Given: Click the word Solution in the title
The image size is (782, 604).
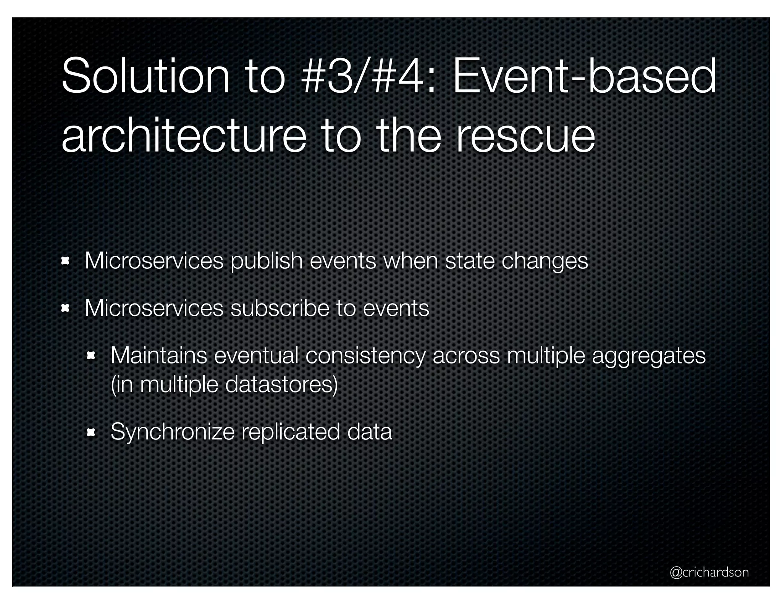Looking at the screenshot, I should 145,76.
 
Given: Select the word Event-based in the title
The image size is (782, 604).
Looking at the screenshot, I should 584,76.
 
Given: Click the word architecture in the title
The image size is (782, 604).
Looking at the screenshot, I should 183,134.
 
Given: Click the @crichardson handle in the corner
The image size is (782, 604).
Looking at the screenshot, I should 709,572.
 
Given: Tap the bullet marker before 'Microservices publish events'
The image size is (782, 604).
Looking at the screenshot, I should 65,261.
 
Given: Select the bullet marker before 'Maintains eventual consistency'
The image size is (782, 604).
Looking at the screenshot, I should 91,356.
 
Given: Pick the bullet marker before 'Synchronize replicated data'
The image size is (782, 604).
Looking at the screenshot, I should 91,432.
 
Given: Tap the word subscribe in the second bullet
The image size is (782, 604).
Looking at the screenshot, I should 280,308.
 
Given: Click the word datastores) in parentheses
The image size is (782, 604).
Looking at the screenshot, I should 281,384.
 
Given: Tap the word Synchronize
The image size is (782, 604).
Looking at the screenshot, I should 173,432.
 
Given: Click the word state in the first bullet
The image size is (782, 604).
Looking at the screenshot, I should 470,262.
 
